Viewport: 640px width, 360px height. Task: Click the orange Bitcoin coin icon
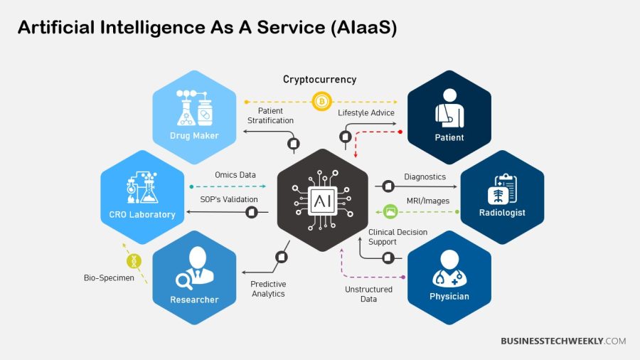tap(321, 102)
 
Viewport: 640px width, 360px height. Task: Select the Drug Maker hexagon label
tap(194, 136)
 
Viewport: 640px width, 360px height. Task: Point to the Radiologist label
tap(502, 213)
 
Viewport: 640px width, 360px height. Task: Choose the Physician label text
tap(449, 296)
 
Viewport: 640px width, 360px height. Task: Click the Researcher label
tap(194, 300)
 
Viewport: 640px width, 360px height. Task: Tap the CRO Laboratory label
tap(142, 214)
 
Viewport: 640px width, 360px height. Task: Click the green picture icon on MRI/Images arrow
tap(390, 211)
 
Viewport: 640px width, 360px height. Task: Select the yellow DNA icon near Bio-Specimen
tap(133, 261)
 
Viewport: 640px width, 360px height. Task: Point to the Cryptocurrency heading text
tap(319, 80)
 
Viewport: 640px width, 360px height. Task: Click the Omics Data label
tap(235, 175)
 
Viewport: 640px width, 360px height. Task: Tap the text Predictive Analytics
tap(268, 289)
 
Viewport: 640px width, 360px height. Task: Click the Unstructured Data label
tap(368, 294)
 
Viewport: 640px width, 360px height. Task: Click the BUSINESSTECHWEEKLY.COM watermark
tap(563, 342)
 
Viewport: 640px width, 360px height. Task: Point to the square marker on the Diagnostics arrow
tap(388, 186)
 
